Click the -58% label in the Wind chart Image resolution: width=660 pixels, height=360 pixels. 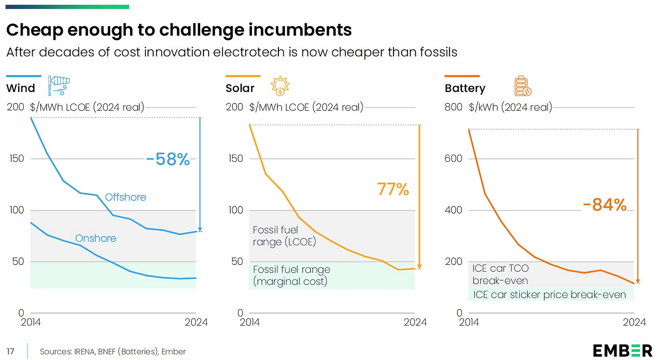click(x=168, y=160)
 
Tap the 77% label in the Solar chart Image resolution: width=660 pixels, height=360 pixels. click(x=393, y=189)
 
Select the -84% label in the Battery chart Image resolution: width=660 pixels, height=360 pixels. click(x=604, y=205)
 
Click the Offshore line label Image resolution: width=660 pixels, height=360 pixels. click(x=126, y=197)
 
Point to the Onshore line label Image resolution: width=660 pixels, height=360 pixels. click(x=96, y=238)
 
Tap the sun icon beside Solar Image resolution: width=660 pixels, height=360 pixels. click(x=280, y=86)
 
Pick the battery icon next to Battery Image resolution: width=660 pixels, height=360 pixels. click(x=523, y=87)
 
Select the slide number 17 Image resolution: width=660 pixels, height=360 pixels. click(x=10, y=351)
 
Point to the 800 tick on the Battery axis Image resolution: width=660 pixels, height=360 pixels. click(x=454, y=107)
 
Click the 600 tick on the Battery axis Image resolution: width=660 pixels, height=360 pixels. click(x=454, y=159)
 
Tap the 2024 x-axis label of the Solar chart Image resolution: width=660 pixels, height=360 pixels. click(x=415, y=322)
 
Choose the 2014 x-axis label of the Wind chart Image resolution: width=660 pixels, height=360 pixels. click(x=30, y=322)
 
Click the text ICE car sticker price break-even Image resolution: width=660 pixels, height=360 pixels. click(x=549, y=295)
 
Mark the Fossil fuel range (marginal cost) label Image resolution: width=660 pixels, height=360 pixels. click(x=291, y=275)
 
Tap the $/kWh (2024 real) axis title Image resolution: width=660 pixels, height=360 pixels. click(x=510, y=107)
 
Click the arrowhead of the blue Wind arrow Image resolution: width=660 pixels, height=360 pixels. click(x=200, y=229)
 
